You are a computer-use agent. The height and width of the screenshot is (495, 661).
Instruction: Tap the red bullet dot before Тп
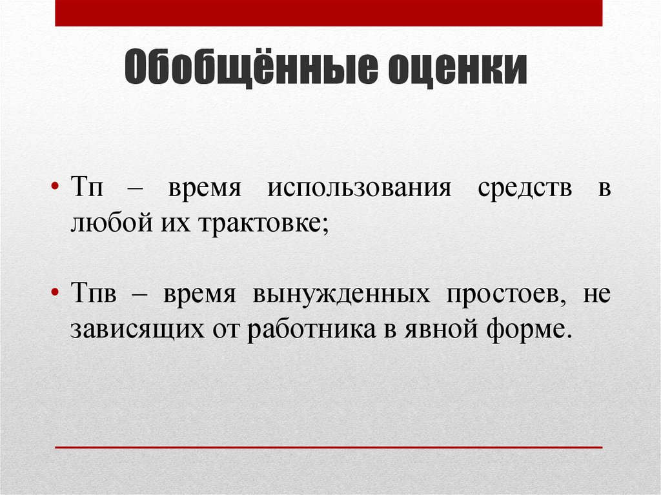coord(57,189)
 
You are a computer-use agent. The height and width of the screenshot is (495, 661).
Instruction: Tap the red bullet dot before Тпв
coord(57,294)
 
